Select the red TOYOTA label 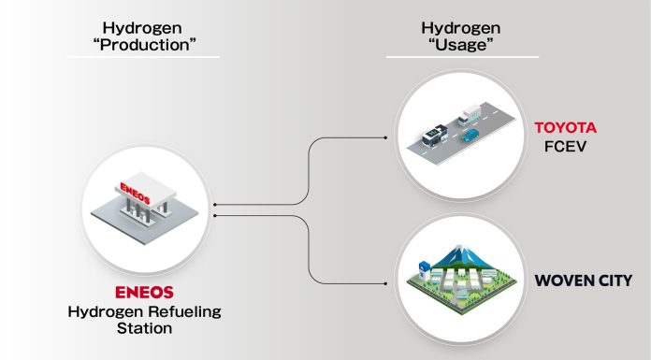click(565, 127)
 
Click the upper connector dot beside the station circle click(214, 203)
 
